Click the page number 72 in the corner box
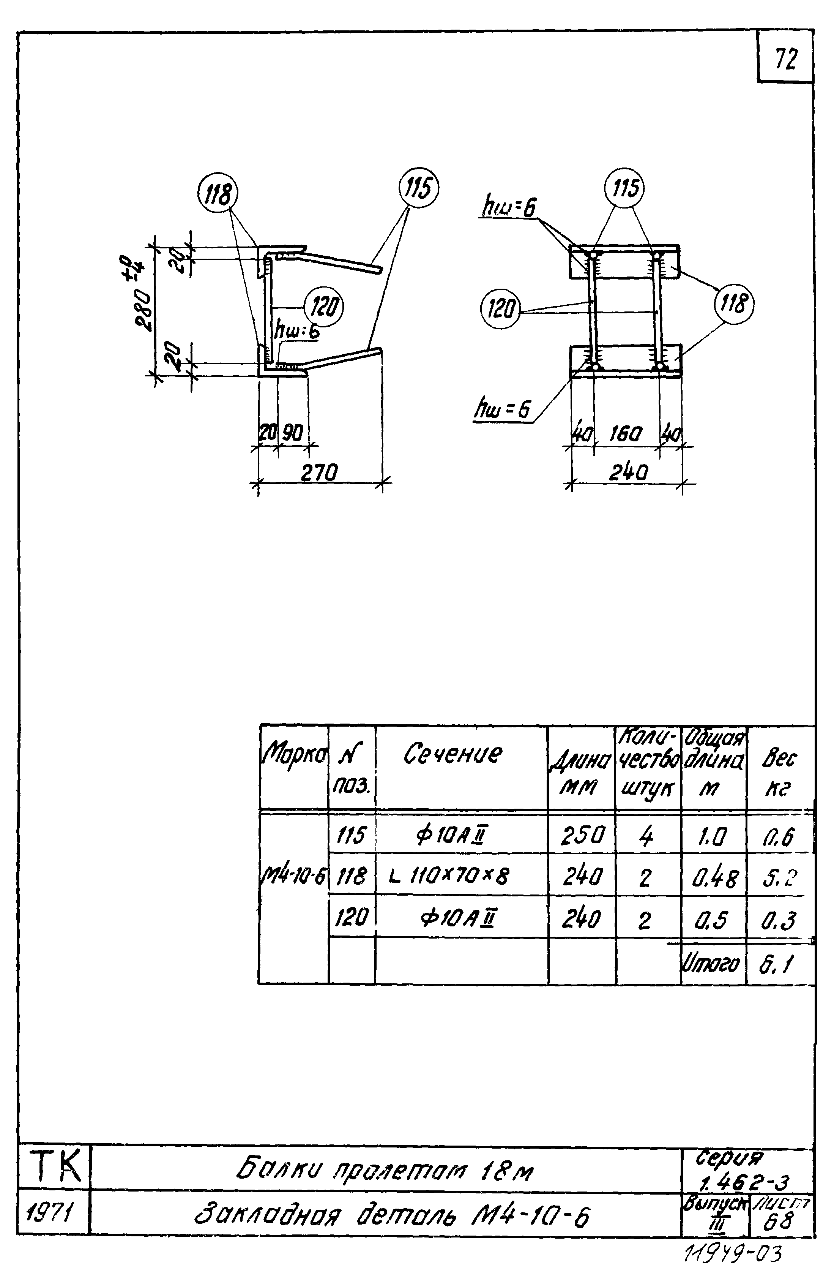[785, 59]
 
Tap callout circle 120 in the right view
[499, 310]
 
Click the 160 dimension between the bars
[626, 434]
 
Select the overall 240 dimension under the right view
[627, 473]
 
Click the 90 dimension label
[293, 433]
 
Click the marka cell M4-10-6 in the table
[293, 875]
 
